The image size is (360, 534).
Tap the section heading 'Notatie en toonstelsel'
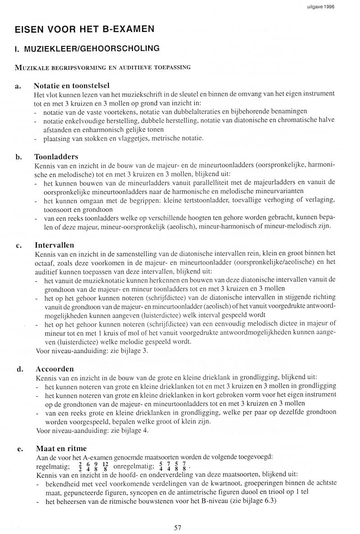tap(72, 86)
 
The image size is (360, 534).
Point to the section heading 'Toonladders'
tap(56, 157)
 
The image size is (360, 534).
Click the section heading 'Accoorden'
tap(54, 369)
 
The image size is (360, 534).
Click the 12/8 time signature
tap(106, 465)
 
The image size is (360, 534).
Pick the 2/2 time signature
tap(80, 465)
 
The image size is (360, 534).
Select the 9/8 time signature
tap(96, 465)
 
